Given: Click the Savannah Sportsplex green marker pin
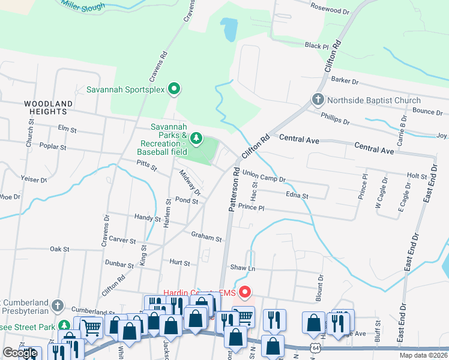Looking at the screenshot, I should click(x=174, y=89).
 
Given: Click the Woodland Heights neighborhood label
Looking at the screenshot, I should click(x=49, y=107).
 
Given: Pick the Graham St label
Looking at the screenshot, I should click(x=206, y=236).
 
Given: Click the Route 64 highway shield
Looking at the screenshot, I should click(x=315, y=347).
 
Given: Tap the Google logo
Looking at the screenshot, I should click(x=20, y=353).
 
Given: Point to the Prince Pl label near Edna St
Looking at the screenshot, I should click(x=251, y=208).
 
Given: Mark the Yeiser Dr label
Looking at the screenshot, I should click(x=34, y=179).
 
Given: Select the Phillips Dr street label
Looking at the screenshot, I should click(x=335, y=119).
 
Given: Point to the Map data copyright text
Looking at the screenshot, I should click(x=423, y=355).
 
